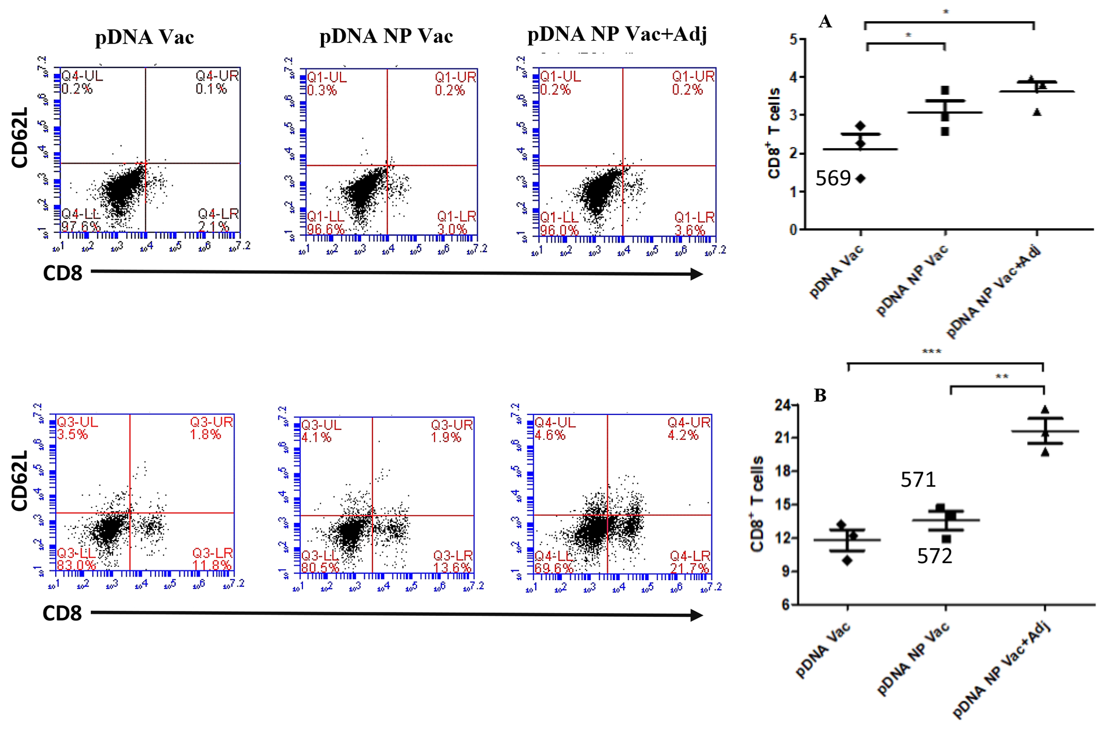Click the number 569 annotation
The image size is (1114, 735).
coord(832,178)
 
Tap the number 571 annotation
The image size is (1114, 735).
coord(918,480)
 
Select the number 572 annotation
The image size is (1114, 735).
coord(934,556)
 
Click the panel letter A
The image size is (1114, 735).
coord(825,22)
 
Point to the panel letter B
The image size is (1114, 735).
coord(820,395)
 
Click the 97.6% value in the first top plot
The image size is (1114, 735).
coord(80,227)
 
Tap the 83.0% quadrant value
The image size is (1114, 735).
coord(76,565)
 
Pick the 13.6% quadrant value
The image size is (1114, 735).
coord(452,568)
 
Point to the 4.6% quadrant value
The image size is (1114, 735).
coord(550,435)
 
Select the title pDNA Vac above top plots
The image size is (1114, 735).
coord(144,37)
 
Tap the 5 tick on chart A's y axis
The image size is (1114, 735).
coord(794,39)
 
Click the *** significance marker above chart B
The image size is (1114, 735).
coord(932,352)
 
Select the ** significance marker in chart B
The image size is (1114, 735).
coord(1002,377)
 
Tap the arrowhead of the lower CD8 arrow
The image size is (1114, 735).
coord(697,615)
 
